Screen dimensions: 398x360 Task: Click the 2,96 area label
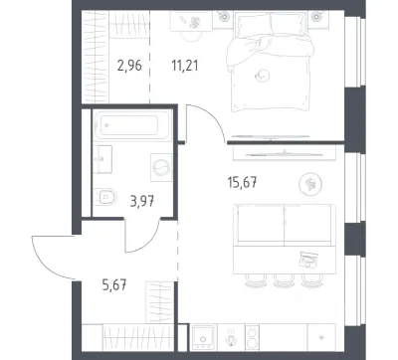tap(129, 66)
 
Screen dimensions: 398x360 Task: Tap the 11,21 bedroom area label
tap(185, 66)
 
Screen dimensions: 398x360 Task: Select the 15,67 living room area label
tap(243, 182)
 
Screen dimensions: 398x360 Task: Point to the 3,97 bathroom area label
tap(142, 201)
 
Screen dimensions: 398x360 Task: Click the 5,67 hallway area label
tap(114, 284)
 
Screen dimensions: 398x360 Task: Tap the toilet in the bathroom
tap(104, 197)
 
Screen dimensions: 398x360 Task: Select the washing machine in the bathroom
tap(161, 167)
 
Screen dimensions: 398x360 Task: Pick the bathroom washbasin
tap(102, 159)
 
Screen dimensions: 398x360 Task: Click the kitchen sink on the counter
tap(203, 337)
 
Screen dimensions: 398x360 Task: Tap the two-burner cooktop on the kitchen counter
tap(252, 337)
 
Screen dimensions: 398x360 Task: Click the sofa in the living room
tap(285, 225)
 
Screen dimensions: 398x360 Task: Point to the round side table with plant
tap(310, 184)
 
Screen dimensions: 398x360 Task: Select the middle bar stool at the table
tap(285, 280)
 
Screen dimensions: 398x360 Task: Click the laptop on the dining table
tap(308, 260)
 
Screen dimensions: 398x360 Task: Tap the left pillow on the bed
tap(254, 24)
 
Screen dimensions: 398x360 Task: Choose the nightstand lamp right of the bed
tap(316, 15)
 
